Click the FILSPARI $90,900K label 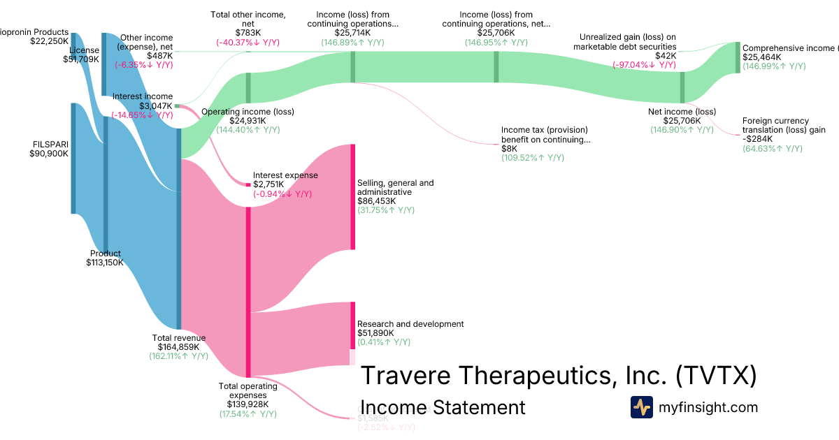click(x=49, y=149)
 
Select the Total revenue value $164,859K click(x=178, y=346)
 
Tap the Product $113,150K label click(x=105, y=258)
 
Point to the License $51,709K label click(x=83, y=54)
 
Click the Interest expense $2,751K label click(x=285, y=179)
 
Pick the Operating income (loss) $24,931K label click(x=248, y=116)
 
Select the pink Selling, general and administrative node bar click(x=353, y=196)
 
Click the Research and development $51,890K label click(x=410, y=328)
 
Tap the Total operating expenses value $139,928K click(x=248, y=404)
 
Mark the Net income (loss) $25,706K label click(x=682, y=116)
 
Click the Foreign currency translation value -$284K click(x=757, y=139)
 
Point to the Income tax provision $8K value click(x=509, y=149)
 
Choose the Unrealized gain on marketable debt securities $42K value click(x=666, y=55)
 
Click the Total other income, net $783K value click(x=248, y=33)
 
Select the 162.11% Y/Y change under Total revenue click(x=178, y=355)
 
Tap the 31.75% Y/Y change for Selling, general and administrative click(x=385, y=210)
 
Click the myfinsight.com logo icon click(x=641, y=407)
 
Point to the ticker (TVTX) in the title click(x=716, y=375)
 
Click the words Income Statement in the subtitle click(x=443, y=407)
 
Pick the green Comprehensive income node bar click(x=738, y=57)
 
